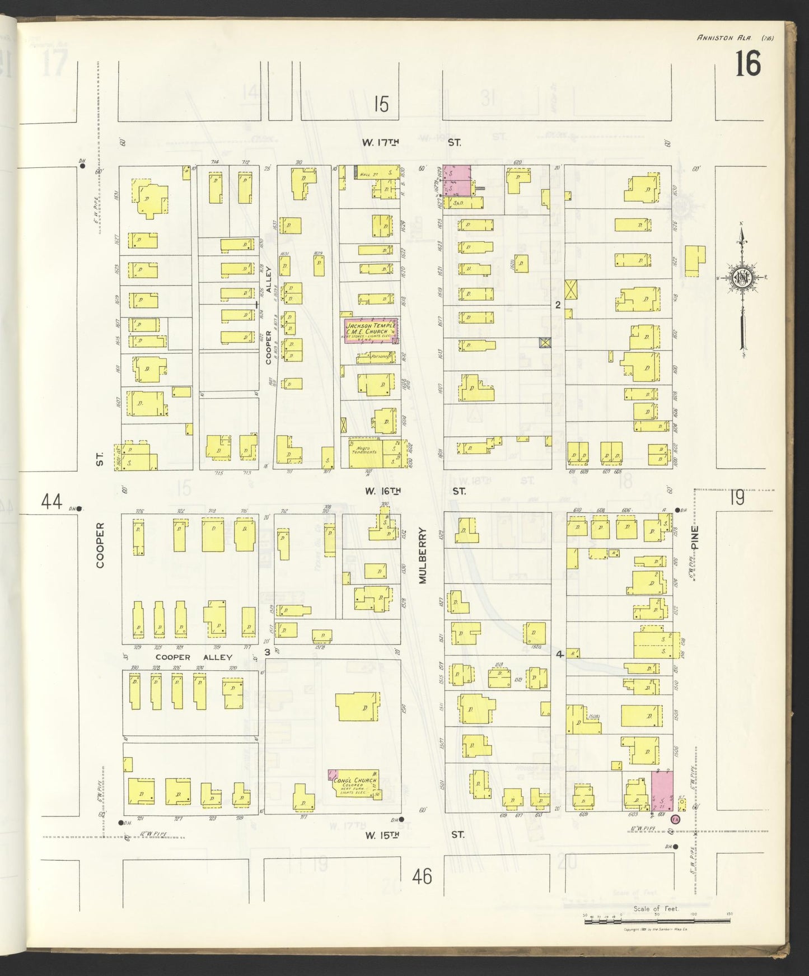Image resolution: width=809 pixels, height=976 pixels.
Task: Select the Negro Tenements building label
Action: tap(364, 450)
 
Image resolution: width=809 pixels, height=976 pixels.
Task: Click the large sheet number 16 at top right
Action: tap(747, 64)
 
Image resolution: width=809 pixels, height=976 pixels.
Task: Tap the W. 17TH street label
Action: tap(380, 143)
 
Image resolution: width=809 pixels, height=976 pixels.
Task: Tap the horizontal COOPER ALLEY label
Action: tap(194, 657)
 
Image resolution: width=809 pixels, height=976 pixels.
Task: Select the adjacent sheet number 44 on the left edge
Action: tap(51, 502)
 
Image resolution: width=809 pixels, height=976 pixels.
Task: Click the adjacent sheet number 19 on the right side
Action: tap(737, 498)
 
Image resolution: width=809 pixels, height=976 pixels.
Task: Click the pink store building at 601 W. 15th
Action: tap(662, 790)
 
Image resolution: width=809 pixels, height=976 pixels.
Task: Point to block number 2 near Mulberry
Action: tap(558, 306)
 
